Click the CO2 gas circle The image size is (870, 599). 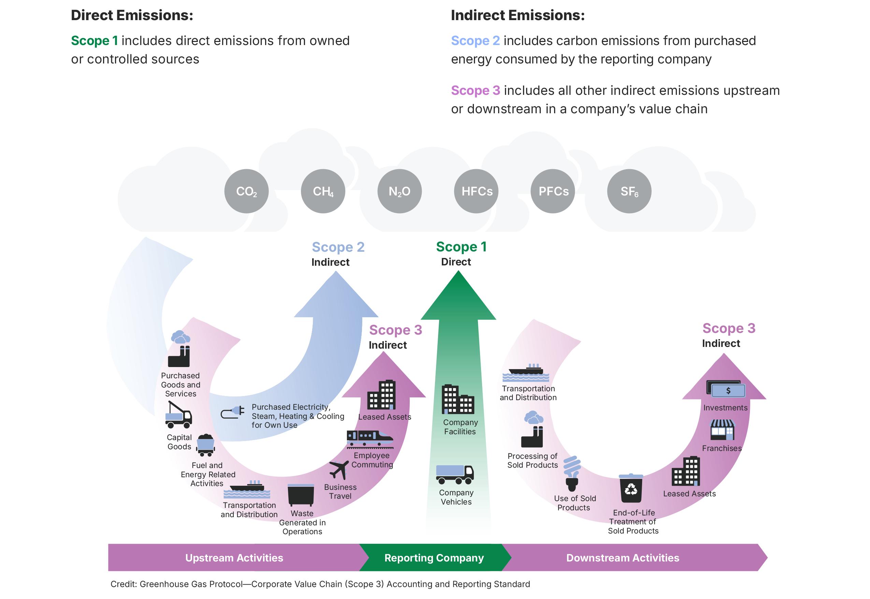click(x=246, y=191)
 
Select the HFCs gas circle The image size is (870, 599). click(x=476, y=191)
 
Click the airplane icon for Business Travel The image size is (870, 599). click(x=338, y=469)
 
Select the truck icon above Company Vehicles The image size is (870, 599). click(x=454, y=474)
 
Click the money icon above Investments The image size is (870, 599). click(x=725, y=389)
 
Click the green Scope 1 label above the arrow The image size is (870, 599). click(x=461, y=247)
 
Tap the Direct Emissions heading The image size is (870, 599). click(x=132, y=15)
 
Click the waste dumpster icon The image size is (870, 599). click(x=301, y=495)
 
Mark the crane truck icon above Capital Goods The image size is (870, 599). click(x=178, y=415)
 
